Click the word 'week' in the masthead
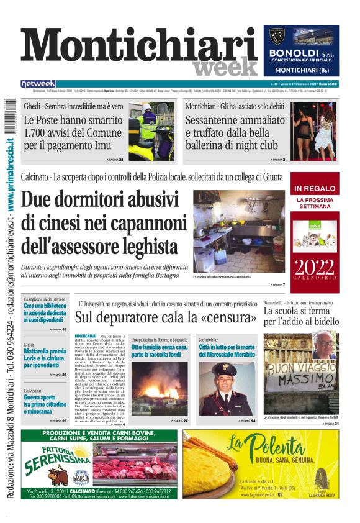point(224,67)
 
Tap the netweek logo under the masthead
point(38,84)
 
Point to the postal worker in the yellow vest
point(148,127)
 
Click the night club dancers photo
point(314,131)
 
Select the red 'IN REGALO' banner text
point(315,188)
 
